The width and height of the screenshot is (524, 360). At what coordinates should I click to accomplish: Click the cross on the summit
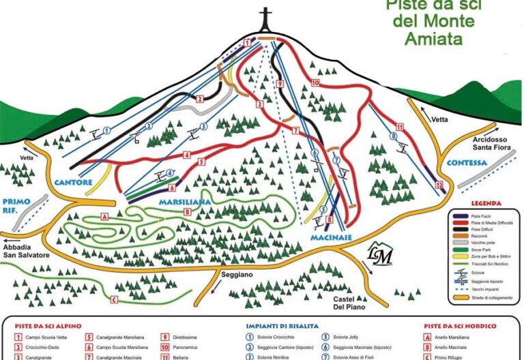click(265, 18)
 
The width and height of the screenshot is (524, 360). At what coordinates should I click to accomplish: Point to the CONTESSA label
click(467, 163)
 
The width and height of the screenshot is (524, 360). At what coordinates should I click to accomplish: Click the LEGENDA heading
click(485, 203)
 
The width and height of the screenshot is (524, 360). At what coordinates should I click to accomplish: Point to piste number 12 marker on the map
click(439, 186)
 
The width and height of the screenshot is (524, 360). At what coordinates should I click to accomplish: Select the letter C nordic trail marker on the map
click(114, 299)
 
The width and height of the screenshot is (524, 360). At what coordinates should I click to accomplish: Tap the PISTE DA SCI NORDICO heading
click(458, 325)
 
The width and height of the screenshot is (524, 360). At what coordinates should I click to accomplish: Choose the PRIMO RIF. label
click(18, 205)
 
